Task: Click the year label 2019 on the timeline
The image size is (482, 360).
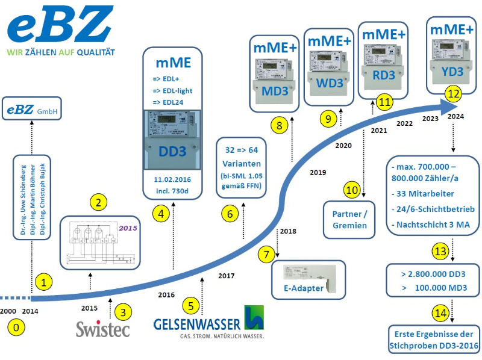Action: click(318, 173)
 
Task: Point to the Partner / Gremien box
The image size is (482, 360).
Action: click(350, 219)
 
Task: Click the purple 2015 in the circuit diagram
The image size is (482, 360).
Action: click(128, 229)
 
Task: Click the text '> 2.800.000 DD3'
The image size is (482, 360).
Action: click(433, 273)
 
